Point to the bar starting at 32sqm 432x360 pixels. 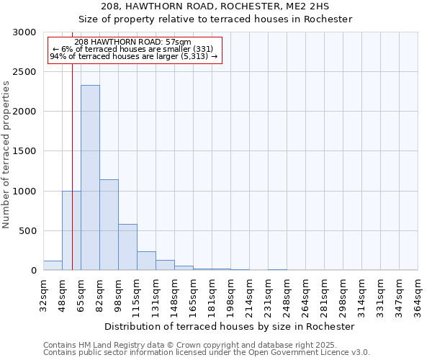point(53,266)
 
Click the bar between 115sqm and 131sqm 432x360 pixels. point(146,261)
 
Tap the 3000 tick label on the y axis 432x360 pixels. point(24,32)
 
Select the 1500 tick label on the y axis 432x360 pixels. point(24,151)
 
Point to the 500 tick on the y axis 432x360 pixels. point(27,231)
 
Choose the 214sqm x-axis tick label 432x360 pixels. point(250,295)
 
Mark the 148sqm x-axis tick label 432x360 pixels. point(175,295)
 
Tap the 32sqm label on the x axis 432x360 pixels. point(44,295)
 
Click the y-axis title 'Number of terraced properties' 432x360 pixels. point(6,155)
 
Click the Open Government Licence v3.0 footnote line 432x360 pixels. point(207,353)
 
